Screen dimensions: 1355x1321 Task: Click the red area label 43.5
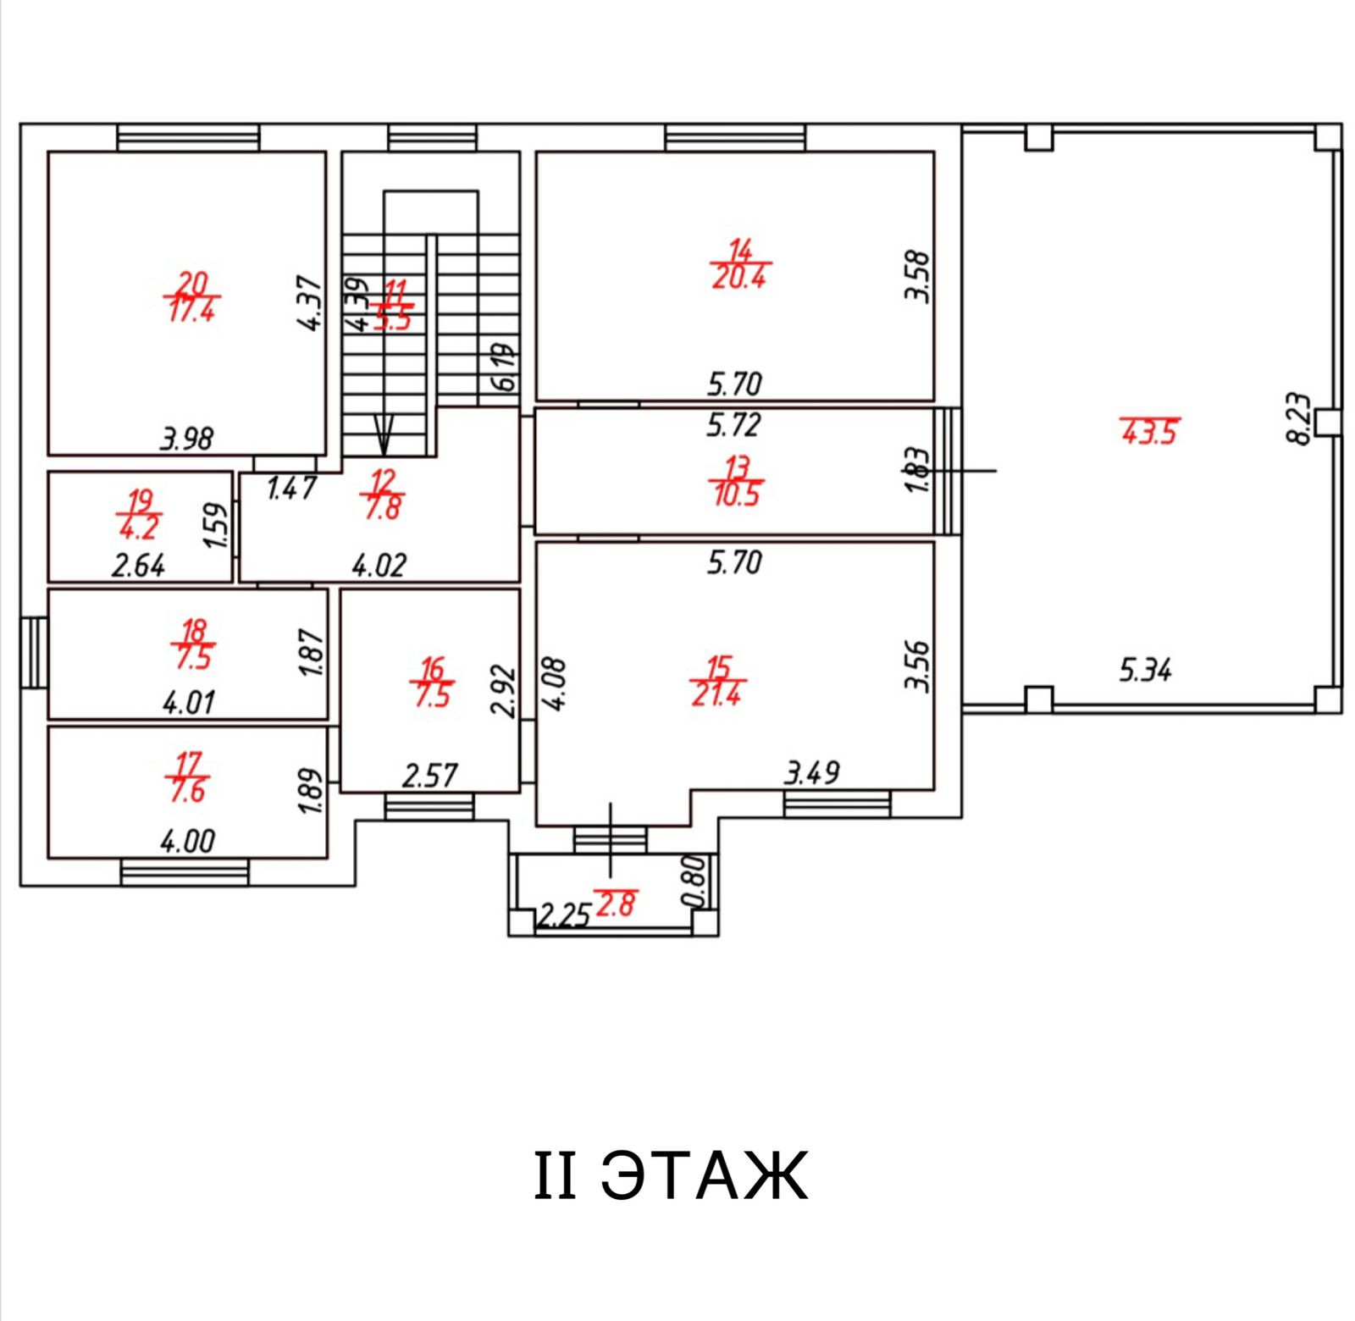pos(1149,432)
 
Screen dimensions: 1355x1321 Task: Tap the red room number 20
pos(192,282)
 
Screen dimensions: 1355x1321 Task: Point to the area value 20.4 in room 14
pos(739,278)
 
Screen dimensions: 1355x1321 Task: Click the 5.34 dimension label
pos(1145,671)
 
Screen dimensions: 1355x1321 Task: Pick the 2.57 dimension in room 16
pos(429,776)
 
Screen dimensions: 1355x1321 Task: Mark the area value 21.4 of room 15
pos(716,694)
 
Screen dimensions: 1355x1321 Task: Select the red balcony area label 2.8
pos(616,905)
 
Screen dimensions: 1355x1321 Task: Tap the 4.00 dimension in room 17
pos(187,841)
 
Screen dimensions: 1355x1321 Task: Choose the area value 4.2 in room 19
pos(139,529)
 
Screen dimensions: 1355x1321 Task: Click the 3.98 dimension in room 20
pos(186,439)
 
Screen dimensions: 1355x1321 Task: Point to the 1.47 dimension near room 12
pos(291,489)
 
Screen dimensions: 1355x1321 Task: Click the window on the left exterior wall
pos(34,652)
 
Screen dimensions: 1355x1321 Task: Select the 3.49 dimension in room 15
pos(812,772)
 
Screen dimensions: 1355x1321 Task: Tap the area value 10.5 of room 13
pos(737,495)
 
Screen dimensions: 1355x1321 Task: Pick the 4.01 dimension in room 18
pos(188,702)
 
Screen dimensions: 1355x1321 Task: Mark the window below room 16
pos(429,806)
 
